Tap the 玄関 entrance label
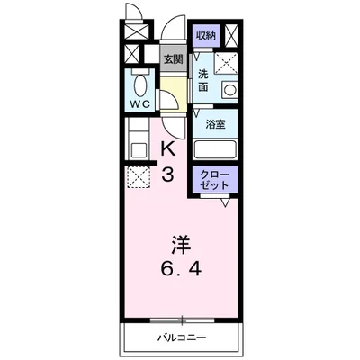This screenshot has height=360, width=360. pyautogui.click(x=171, y=59)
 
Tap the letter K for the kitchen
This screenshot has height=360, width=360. pyautogui.click(x=168, y=148)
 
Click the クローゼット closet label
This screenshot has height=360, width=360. pyautogui.click(x=214, y=178)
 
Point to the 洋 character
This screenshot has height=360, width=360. pyautogui.click(x=180, y=243)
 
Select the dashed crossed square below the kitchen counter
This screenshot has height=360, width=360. pyautogui.click(x=139, y=176)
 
